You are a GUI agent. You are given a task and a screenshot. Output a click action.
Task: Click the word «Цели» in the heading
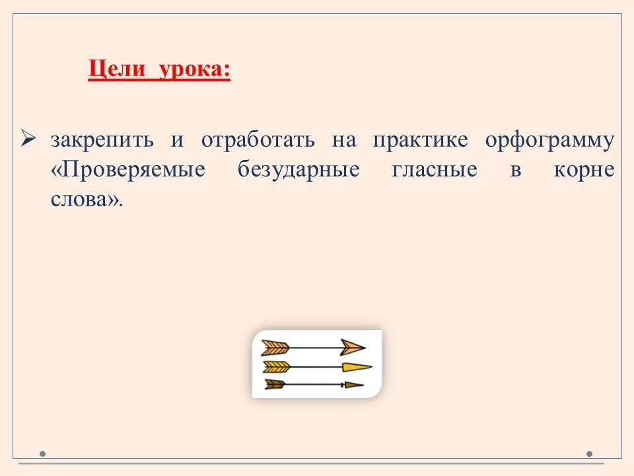point(116,69)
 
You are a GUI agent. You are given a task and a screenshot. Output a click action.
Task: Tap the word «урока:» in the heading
point(194,69)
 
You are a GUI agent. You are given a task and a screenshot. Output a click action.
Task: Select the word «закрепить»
point(102,140)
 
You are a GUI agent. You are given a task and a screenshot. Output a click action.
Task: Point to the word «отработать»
point(258,140)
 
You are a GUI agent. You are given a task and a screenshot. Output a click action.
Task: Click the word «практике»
point(420,140)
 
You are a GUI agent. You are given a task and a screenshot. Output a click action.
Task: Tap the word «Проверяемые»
point(128,170)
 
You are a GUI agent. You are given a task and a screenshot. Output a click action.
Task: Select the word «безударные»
point(299,170)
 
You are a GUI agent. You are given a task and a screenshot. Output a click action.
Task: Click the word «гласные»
point(435,170)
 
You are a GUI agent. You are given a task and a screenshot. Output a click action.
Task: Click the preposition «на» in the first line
point(344,141)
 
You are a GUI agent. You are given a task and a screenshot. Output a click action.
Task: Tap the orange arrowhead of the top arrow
point(353,347)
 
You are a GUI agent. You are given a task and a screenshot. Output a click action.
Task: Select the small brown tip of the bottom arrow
point(353,385)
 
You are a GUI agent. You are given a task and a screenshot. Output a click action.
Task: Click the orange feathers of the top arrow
point(275,347)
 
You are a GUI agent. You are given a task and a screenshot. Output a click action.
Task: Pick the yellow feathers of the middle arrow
point(277,367)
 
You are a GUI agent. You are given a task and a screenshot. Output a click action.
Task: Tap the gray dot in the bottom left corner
point(42,454)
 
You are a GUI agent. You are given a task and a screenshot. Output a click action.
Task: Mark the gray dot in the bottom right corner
point(589,454)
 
